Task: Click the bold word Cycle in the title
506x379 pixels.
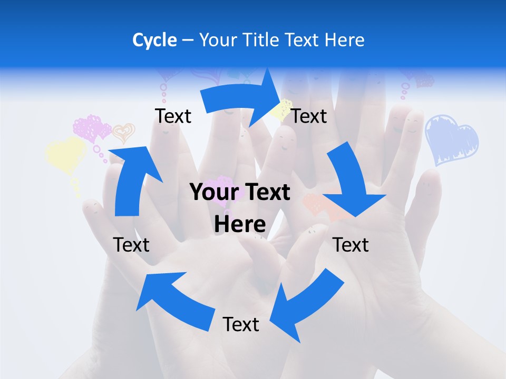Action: click(154, 40)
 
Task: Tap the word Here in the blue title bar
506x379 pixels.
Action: click(344, 40)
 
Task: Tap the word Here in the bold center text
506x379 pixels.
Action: click(240, 225)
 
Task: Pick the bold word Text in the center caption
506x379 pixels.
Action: click(266, 193)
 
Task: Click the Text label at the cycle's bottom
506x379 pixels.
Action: click(241, 324)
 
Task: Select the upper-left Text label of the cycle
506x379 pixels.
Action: click(173, 116)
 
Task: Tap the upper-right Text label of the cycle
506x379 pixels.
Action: click(309, 116)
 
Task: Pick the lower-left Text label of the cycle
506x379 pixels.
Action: click(131, 245)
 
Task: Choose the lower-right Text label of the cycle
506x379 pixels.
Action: click(351, 245)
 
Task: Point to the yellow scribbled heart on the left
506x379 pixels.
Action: click(65, 153)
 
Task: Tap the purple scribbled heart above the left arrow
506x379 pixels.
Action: click(91, 128)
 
